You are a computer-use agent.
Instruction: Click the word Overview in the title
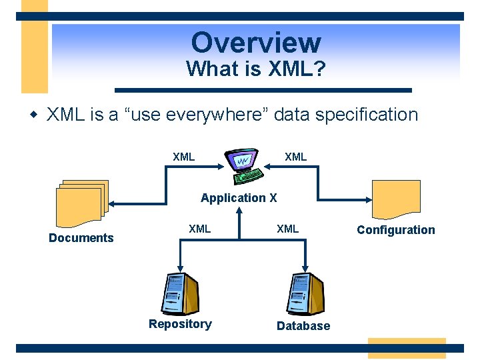click(256, 43)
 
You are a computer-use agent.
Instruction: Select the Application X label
click(239, 198)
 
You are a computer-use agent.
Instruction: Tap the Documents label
click(81, 238)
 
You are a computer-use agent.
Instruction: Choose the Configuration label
click(395, 230)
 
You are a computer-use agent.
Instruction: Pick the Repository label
click(180, 324)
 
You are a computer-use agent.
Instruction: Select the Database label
click(303, 326)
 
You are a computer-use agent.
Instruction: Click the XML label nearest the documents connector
click(184, 157)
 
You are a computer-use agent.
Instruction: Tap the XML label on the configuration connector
click(295, 157)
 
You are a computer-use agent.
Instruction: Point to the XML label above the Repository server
click(199, 229)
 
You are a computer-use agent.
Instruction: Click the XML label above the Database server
click(288, 229)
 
